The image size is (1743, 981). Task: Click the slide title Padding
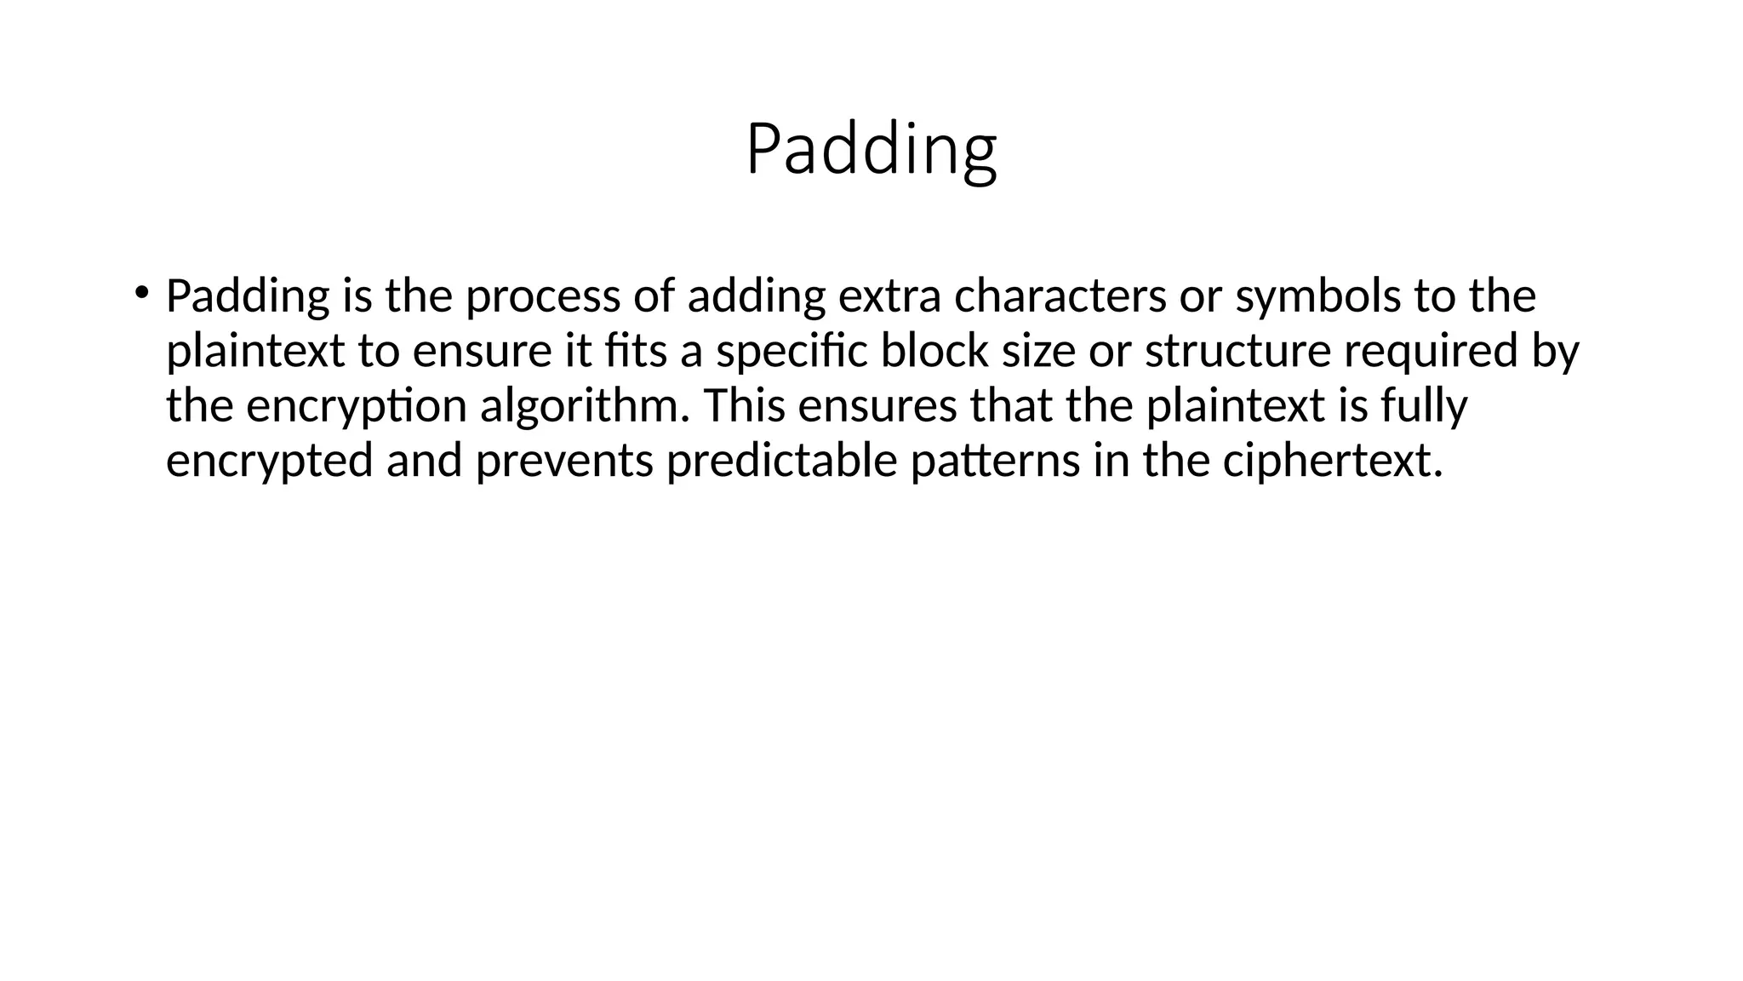(x=871, y=150)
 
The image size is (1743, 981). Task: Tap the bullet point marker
(x=140, y=293)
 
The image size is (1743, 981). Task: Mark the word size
(x=1038, y=351)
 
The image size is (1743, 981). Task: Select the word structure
(x=1237, y=351)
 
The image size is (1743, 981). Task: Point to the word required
(x=1431, y=351)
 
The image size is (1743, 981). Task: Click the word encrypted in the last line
(x=270, y=461)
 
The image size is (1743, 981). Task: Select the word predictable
(x=782, y=461)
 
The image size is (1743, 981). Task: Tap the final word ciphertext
(x=1332, y=461)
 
